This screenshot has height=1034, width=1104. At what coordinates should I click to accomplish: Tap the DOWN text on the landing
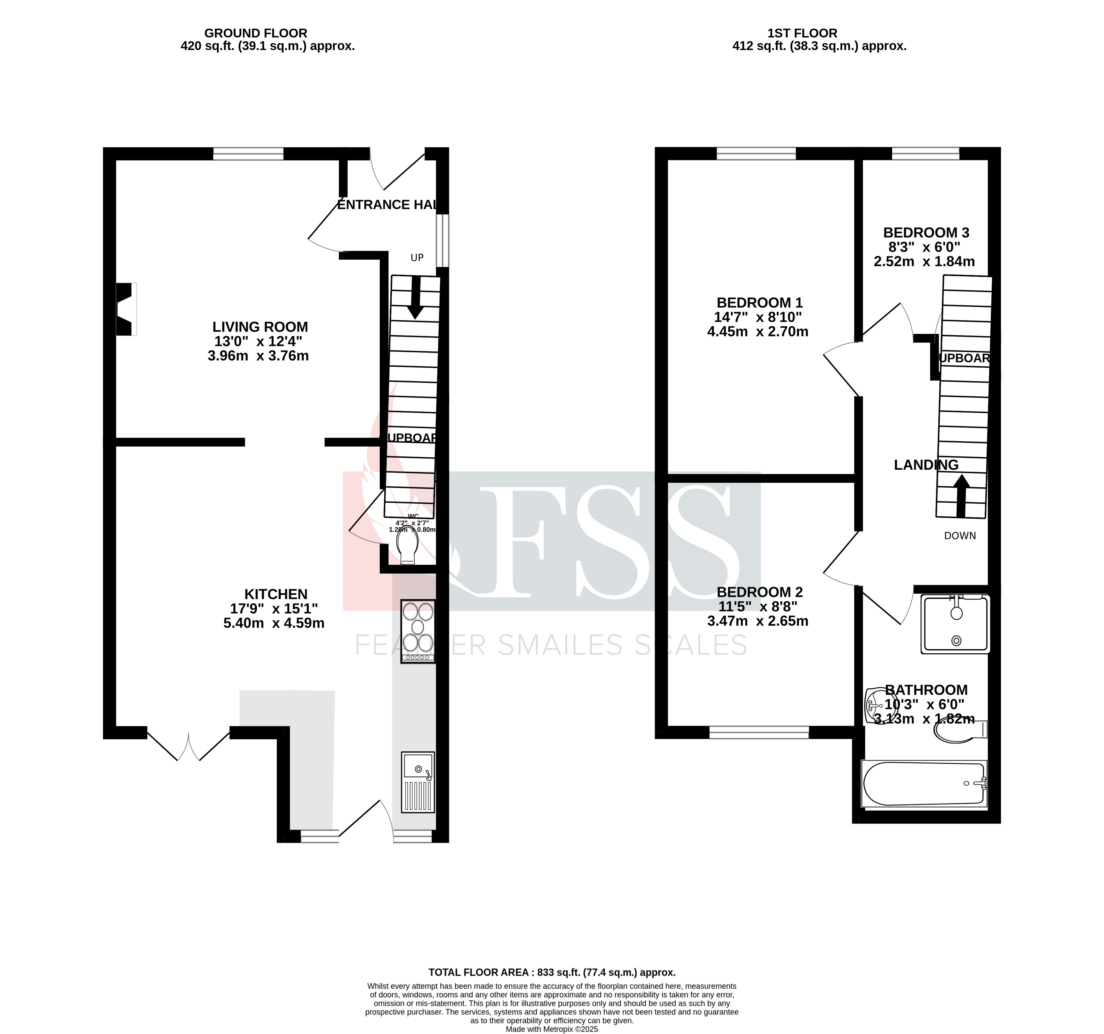coord(960,536)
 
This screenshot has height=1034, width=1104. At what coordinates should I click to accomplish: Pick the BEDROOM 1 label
coord(759,303)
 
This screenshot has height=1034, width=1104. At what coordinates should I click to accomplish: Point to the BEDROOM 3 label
coord(926,233)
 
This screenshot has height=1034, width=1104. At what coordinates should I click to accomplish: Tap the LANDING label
coord(926,465)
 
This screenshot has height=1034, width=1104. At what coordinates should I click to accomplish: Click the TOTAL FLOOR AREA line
coord(552,972)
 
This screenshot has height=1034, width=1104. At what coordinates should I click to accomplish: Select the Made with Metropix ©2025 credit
coord(552,1029)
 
